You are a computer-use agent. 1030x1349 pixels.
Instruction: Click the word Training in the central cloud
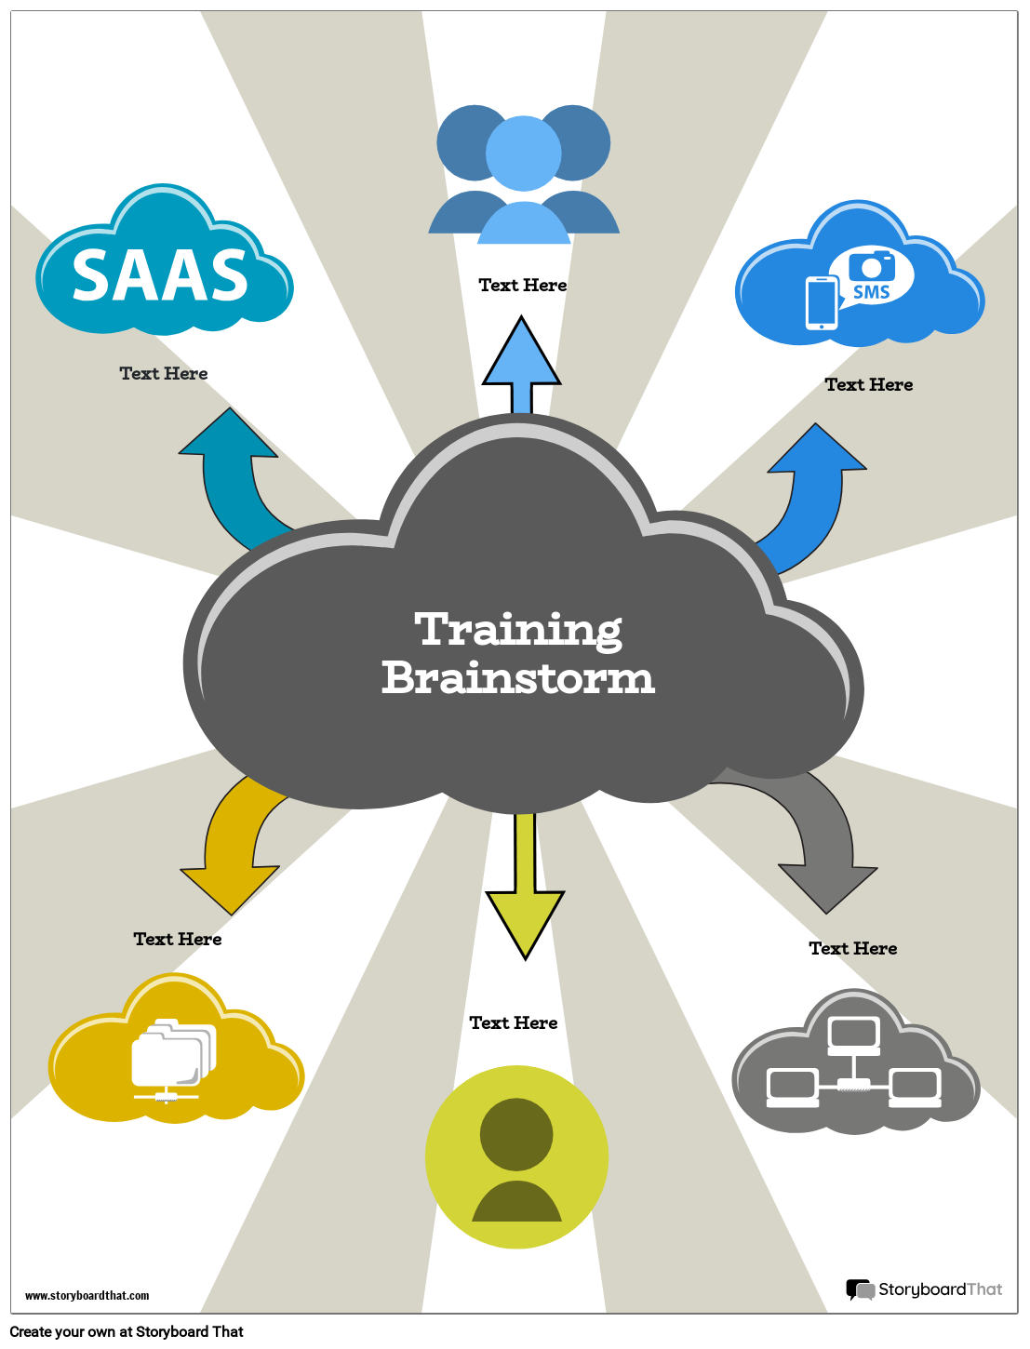pyautogui.click(x=518, y=630)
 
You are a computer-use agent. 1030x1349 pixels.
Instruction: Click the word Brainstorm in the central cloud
pyautogui.click(x=518, y=677)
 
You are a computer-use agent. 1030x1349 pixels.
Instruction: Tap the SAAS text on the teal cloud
pyautogui.click(x=160, y=276)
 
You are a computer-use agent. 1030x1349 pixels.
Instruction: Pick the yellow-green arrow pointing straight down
pyautogui.click(x=525, y=907)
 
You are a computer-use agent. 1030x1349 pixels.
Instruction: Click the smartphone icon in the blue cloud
pyautogui.click(x=822, y=303)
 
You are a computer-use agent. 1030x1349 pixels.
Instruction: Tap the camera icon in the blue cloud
pyautogui.click(x=872, y=266)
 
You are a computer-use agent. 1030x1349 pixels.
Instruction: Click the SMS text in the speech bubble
pyautogui.click(x=872, y=292)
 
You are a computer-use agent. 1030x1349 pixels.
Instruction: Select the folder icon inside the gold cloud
pyautogui.click(x=172, y=1056)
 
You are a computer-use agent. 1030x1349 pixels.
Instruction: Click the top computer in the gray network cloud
pyautogui.click(x=853, y=1034)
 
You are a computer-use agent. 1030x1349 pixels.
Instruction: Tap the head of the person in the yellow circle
pyautogui.click(x=516, y=1134)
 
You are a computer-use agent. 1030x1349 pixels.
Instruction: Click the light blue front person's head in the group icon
pyautogui.click(x=524, y=153)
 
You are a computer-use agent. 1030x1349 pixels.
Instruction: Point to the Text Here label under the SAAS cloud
pyautogui.click(x=164, y=373)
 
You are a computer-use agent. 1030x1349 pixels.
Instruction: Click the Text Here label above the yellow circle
pyautogui.click(x=514, y=1022)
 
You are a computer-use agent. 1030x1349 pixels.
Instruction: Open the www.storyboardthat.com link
pyautogui.click(x=87, y=1296)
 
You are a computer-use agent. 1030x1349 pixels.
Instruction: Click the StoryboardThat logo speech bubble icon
pyautogui.click(x=860, y=1289)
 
